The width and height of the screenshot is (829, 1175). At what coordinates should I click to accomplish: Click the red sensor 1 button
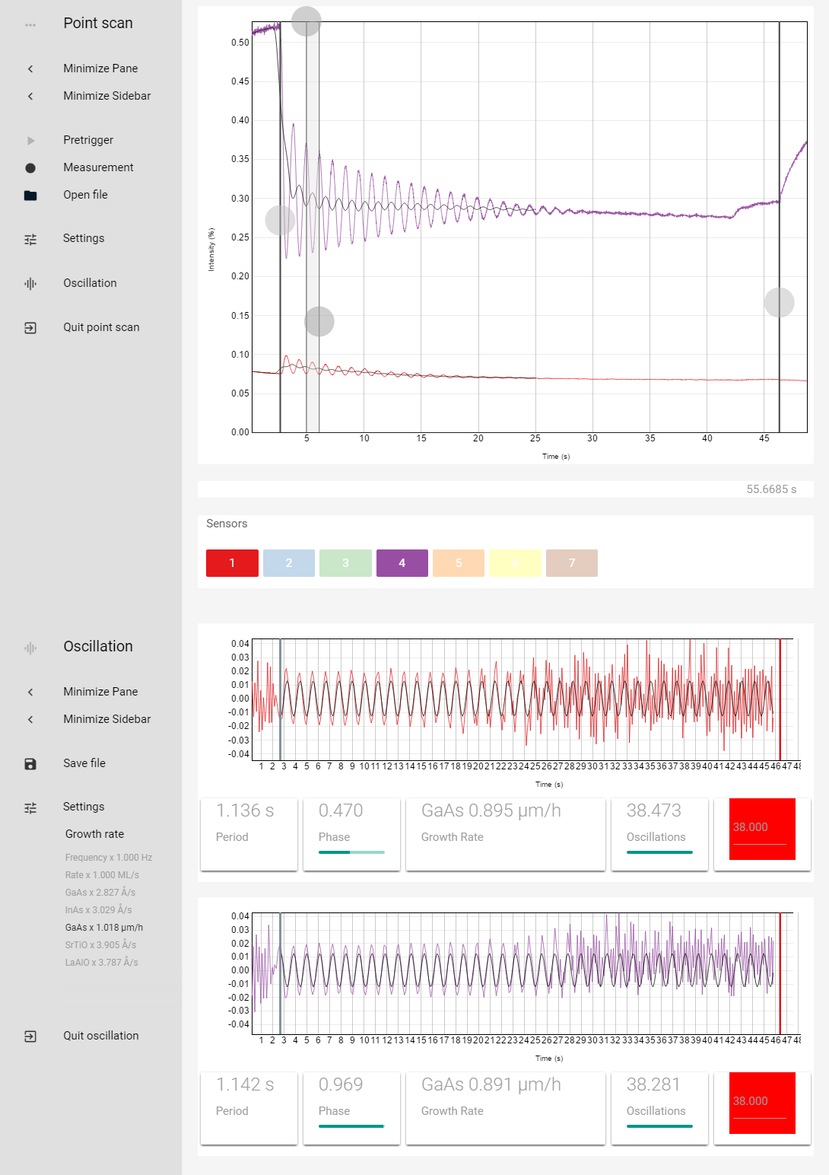(232, 563)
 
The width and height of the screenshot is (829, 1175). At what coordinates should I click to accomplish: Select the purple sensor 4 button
(402, 563)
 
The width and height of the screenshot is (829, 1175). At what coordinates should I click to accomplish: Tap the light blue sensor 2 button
(289, 563)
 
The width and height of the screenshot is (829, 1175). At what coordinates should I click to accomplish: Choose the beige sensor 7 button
(572, 563)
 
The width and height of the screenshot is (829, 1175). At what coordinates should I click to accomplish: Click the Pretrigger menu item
(88, 140)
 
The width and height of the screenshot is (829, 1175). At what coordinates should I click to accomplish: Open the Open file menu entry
(85, 195)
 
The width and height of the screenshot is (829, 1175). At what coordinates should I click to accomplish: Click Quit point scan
(101, 327)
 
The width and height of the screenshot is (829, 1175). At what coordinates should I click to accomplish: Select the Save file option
(84, 763)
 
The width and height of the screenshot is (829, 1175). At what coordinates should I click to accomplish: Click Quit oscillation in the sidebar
(100, 1036)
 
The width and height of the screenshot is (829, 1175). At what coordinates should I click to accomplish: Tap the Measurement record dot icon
(30, 167)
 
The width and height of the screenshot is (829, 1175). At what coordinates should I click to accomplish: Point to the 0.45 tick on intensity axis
(240, 81)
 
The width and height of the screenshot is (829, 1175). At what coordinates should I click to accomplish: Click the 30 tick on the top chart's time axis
(592, 438)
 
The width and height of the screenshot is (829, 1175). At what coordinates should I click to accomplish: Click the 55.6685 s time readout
(771, 489)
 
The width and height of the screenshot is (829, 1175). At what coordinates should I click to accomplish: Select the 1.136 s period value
(245, 811)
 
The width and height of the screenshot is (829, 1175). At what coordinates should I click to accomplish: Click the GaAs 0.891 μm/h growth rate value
(491, 1085)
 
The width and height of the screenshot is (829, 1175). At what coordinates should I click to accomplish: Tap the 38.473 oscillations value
(654, 811)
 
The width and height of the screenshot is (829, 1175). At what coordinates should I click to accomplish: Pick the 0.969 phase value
(341, 1085)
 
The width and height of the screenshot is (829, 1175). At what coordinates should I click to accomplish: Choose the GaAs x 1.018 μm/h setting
(104, 928)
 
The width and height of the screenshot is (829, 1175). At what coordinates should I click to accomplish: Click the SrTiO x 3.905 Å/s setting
(100, 945)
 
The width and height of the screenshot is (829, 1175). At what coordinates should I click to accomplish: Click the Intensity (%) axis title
(211, 250)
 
